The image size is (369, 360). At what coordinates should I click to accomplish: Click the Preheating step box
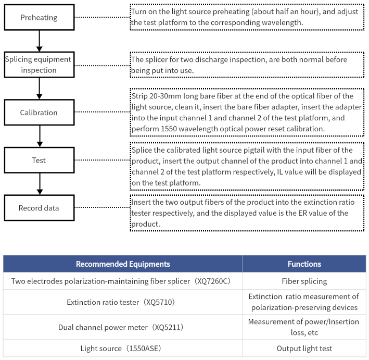(40, 17)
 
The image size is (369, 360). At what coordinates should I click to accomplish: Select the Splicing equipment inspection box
(40, 65)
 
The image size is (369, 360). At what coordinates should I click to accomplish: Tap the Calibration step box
(40, 113)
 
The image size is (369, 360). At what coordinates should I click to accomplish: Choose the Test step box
(40, 160)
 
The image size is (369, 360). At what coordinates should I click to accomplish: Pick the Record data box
(40, 208)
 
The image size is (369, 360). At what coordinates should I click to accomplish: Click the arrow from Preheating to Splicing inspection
(40, 41)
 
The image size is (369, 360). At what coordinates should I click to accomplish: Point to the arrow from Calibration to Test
(40, 136)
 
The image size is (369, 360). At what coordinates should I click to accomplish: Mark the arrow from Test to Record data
(40, 184)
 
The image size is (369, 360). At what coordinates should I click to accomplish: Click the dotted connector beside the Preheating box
(103, 17)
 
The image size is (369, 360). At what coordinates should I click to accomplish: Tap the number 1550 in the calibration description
(169, 129)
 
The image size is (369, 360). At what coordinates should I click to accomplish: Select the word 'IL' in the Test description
(280, 172)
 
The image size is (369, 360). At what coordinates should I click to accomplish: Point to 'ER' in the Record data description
(302, 213)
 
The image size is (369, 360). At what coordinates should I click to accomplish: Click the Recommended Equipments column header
(123, 264)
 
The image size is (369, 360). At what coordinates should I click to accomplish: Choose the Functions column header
(304, 264)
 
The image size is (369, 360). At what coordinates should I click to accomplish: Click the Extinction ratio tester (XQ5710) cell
(123, 302)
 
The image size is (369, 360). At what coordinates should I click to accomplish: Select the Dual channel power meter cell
(123, 327)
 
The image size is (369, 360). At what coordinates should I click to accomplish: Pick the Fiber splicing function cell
(304, 281)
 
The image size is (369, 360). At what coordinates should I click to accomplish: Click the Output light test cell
(304, 348)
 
